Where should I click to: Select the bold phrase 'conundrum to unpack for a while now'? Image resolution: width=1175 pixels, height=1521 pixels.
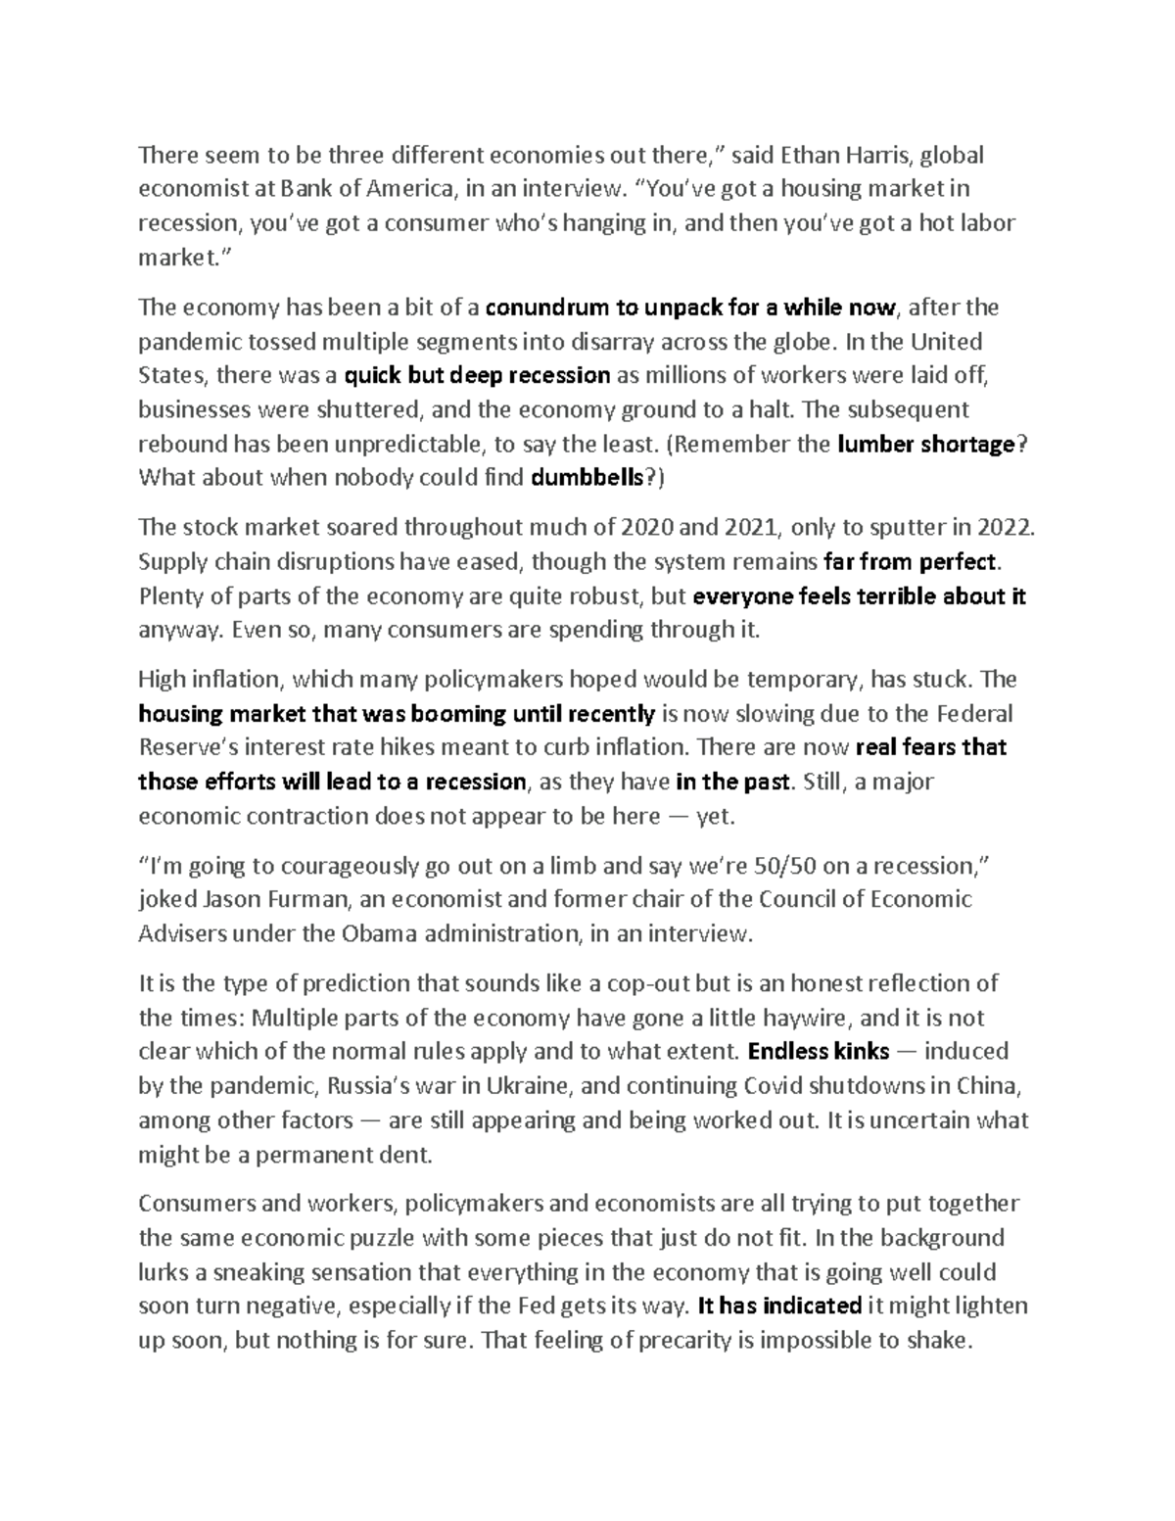pyautogui.click(x=689, y=308)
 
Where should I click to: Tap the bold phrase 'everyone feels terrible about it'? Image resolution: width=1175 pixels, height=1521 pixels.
pyautogui.click(x=859, y=596)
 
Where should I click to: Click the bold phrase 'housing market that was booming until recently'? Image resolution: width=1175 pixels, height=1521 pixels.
pyautogui.click(x=397, y=713)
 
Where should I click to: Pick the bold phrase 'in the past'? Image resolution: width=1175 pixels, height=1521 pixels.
pyautogui.click(x=732, y=782)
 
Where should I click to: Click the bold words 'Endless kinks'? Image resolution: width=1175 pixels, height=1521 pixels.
pyautogui.click(x=818, y=1052)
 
